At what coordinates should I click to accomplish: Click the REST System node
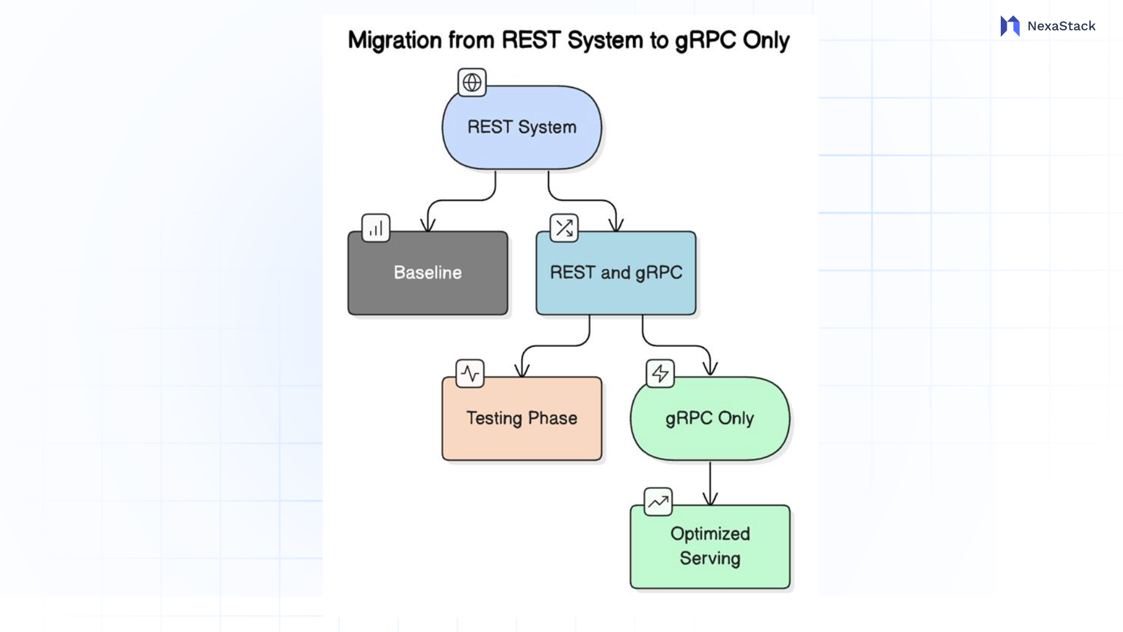[522, 128]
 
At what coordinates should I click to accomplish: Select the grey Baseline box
[428, 273]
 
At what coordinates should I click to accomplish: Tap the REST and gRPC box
[616, 273]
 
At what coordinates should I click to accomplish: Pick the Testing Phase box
[522, 418]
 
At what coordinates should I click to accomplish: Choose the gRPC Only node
[709, 418]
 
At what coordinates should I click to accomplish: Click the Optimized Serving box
[709, 547]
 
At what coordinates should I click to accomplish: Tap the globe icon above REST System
[472, 83]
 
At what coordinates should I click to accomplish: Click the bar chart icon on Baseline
[376, 228]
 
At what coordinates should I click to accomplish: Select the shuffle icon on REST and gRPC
[564, 228]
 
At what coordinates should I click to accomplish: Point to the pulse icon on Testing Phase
[470, 373]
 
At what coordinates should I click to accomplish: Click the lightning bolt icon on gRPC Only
[660, 373]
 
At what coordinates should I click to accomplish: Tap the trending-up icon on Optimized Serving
[658, 502]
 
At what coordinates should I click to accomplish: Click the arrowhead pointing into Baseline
[428, 225]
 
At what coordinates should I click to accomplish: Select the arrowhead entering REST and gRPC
[616, 225]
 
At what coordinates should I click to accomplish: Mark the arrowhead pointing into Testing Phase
[522, 370]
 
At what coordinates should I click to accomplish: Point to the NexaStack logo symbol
[1010, 26]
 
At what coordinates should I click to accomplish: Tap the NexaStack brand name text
[1061, 26]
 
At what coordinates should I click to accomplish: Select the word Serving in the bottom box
[709, 558]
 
